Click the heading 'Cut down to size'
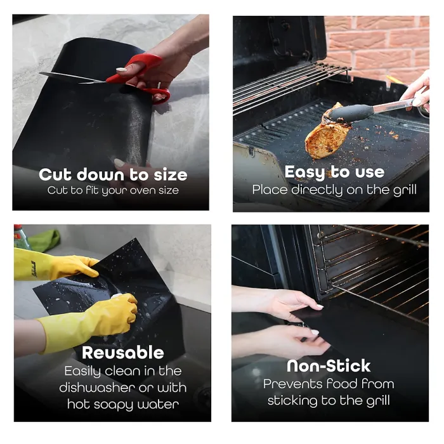click(113, 174)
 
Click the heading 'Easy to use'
click(334, 172)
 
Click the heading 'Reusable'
click(123, 353)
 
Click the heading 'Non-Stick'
click(329, 366)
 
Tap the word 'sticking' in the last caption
click(297, 401)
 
